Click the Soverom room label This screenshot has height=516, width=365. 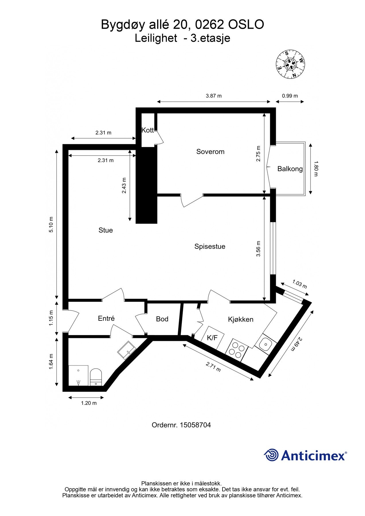(x=210, y=152)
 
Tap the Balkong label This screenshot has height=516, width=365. (x=290, y=169)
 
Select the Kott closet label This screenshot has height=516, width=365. (x=148, y=130)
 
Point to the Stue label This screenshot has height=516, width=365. (x=106, y=230)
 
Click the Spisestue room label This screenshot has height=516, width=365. (x=210, y=247)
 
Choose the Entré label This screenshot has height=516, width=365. (x=106, y=318)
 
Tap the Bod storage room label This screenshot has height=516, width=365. (x=162, y=319)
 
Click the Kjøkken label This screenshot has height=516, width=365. (x=241, y=319)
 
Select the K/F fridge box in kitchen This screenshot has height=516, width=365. (x=212, y=338)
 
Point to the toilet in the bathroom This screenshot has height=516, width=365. (x=96, y=377)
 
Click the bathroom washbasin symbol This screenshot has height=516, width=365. (x=126, y=350)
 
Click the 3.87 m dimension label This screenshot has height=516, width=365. (x=214, y=96)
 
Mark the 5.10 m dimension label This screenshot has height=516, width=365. (x=51, y=224)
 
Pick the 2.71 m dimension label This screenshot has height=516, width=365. (x=213, y=367)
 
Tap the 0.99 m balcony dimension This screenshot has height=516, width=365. (x=290, y=96)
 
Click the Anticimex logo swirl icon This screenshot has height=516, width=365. (x=271, y=455)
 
